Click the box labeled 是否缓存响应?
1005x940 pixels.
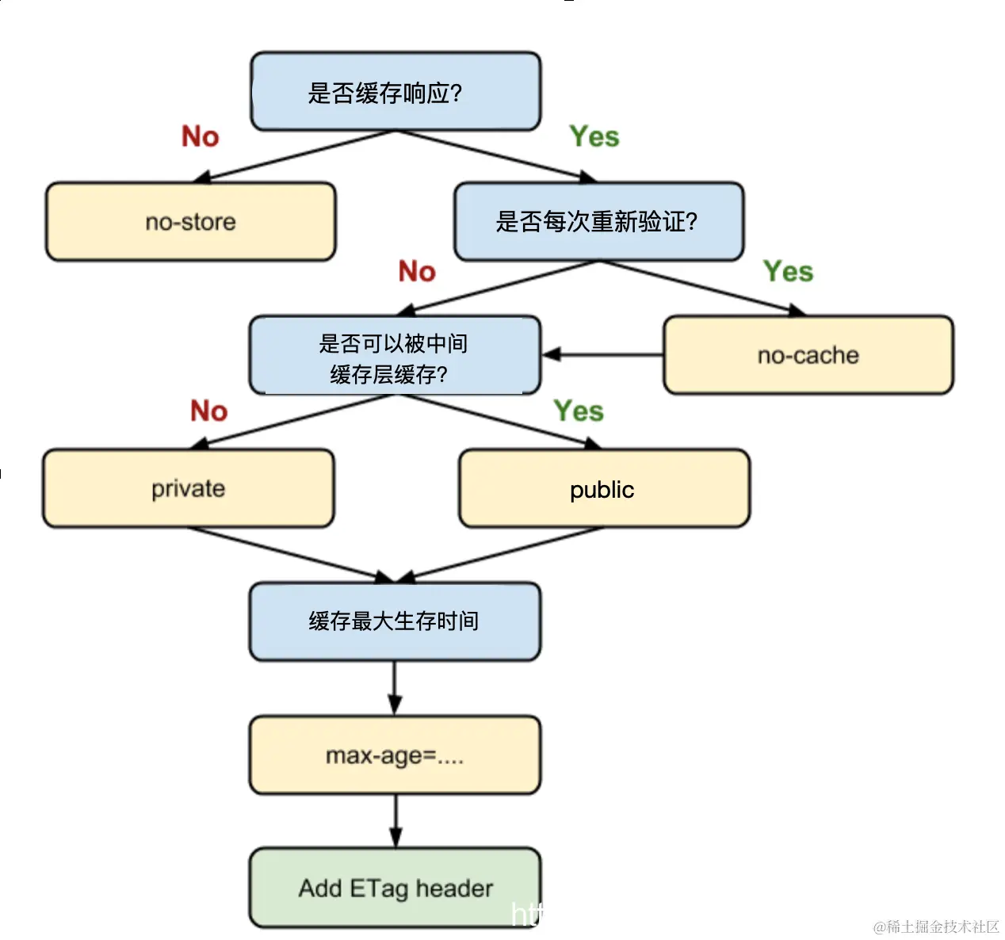point(396,92)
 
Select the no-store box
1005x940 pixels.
point(190,222)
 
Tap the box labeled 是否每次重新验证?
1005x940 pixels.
point(598,222)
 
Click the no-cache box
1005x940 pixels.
point(808,355)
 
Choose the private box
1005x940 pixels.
point(189,488)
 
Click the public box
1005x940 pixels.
point(604,489)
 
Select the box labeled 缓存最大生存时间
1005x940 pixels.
point(395,621)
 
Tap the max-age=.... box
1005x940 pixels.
point(395,755)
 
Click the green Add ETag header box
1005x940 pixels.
point(395,888)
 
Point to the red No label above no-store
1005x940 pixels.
point(200,136)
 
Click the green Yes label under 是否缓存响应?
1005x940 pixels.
point(594,136)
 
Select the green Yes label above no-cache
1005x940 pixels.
point(788,271)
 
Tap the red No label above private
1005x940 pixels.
point(208,411)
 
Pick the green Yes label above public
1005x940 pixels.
point(579,411)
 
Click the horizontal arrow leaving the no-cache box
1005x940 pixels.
point(602,354)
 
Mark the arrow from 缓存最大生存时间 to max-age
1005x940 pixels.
point(395,688)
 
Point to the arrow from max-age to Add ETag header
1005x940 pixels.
point(396,821)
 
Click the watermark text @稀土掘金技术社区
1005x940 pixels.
point(936,927)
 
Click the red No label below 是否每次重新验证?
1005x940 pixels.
point(417,271)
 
